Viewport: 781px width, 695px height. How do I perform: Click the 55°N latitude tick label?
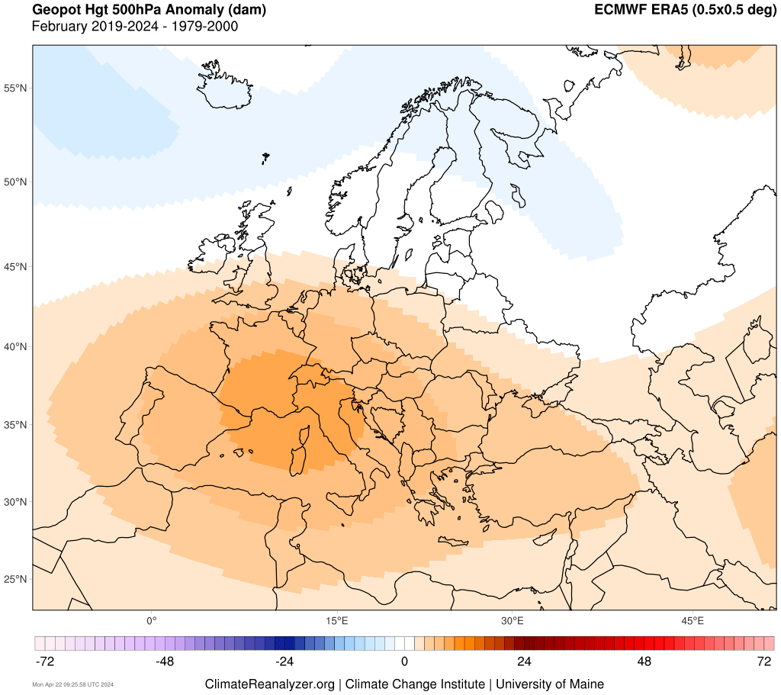[16, 88]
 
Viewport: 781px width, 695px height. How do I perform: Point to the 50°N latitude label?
[16, 182]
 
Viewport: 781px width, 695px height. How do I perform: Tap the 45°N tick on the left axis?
[16, 267]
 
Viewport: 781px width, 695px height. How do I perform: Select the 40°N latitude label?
[16, 346]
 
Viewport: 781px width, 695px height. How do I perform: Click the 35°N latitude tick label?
[16, 425]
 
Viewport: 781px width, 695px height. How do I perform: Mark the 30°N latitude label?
[16, 502]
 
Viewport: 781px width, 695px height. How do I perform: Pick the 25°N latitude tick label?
[16, 578]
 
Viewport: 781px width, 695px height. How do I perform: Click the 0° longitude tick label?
[151, 619]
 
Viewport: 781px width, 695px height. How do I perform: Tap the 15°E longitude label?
[337, 619]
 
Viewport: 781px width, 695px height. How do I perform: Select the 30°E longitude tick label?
[513, 619]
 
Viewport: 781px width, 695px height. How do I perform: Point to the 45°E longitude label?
[693, 619]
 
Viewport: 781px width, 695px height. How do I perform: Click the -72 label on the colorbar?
[45, 661]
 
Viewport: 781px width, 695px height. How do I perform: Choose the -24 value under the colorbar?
[284, 661]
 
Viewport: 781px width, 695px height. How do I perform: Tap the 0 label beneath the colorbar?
[405, 661]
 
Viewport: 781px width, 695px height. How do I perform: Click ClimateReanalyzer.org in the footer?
[269, 684]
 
